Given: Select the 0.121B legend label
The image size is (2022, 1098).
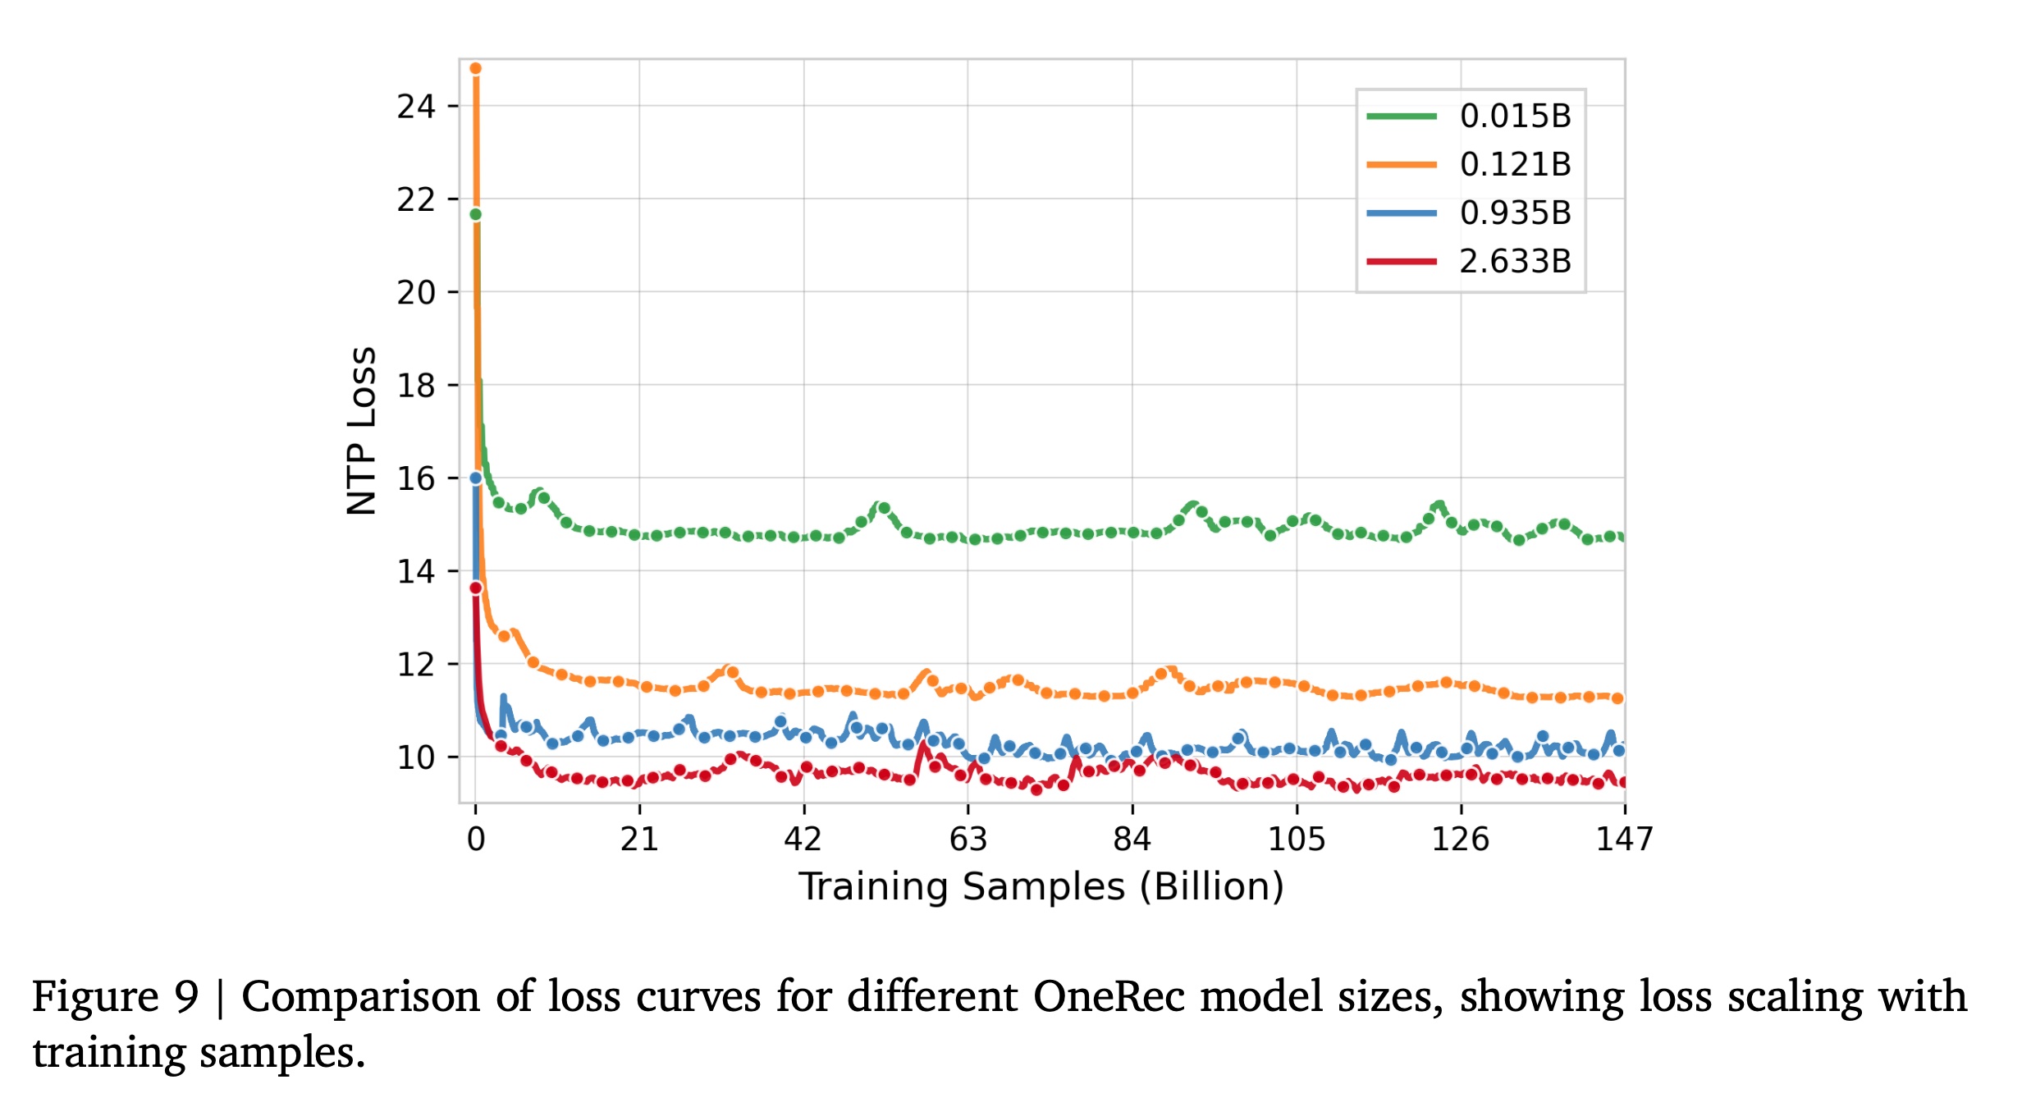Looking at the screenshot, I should click(x=1514, y=165).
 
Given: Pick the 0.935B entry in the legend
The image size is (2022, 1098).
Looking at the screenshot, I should click(x=1514, y=213).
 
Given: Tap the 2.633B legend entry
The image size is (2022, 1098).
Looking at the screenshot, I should click(x=1514, y=262).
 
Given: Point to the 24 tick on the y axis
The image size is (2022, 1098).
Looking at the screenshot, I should click(x=416, y=107).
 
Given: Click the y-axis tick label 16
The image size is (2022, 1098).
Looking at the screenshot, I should click(x=416, y=478).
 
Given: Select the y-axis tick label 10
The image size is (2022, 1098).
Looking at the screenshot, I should click(x=416, y=757).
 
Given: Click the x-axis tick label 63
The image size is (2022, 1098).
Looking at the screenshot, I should click(x=968, y=840).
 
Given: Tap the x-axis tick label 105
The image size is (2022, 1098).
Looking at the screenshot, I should click(x=1297, y=840).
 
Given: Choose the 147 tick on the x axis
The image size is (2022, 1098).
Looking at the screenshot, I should click(x=1624, y=840).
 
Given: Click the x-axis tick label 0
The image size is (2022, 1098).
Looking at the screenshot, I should click(x=476, y=840).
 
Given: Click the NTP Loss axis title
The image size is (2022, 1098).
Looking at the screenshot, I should click(x=362, y=431).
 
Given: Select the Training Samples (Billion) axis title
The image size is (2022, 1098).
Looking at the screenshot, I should click(x=1041, y=887).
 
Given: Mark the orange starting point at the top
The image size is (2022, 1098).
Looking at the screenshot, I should click(x=475, y=69).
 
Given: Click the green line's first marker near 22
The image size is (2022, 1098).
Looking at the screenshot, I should click(x=475, y=215).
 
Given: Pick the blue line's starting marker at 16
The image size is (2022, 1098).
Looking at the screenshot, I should click(x=476, y=478).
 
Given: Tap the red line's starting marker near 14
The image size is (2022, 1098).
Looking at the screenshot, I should click(x=476, y=588).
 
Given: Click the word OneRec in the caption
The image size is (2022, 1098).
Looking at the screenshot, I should click(x=1108, y=997).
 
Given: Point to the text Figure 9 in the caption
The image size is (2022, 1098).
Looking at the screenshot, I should click(x=115, y=997).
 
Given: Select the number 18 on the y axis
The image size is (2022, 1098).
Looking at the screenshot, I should click(x=416, y=386).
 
